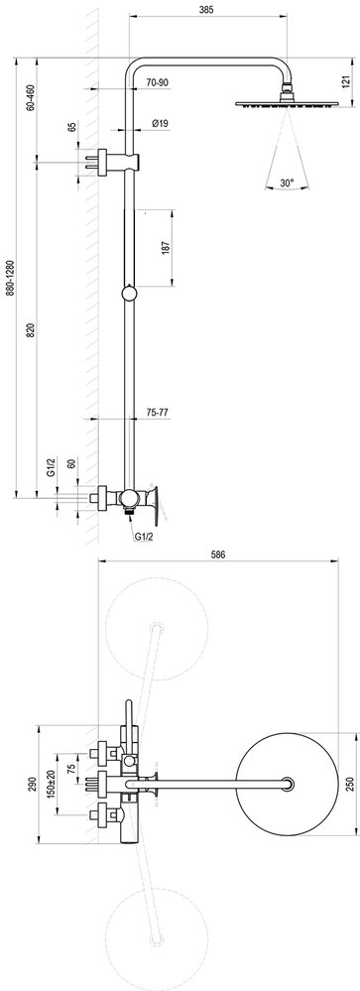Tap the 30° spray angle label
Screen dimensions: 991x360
coord(287,183)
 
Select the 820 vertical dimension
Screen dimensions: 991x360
coord(32,330)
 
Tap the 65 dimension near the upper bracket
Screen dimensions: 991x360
coord(71,131)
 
